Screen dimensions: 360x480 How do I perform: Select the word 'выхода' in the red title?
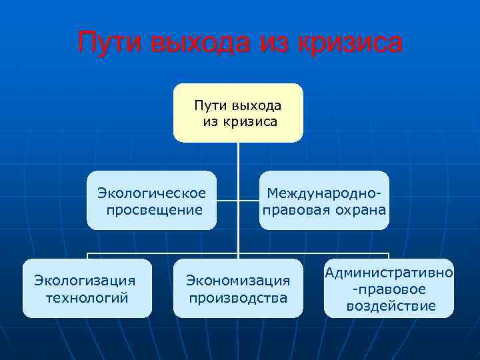coord(197,43)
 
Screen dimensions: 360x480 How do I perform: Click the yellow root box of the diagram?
coord(238,113)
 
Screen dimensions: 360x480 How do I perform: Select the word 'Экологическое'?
coord(152,193)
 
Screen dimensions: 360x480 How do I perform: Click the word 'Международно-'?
coord(325,193)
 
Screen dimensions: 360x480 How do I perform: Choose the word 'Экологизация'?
coord(85,281)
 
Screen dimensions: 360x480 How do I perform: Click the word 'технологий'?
coord(87,297)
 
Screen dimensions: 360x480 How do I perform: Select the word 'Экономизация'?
coord(238,281)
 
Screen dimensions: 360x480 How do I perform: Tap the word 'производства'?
coord(238,297)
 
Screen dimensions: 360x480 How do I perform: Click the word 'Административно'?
coord(389,273)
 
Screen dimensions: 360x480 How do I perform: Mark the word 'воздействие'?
coord(391,306)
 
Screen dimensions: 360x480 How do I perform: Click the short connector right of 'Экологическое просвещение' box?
coord(227,200)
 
